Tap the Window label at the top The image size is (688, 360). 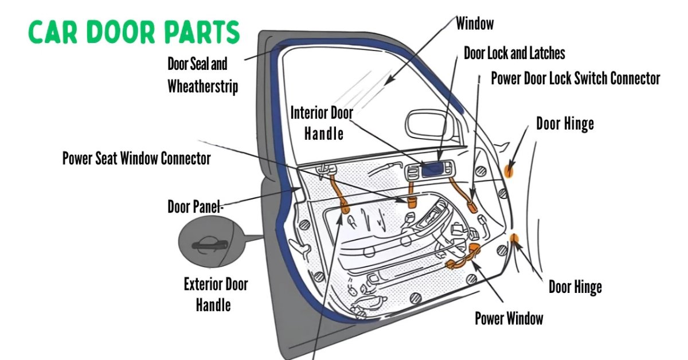475,24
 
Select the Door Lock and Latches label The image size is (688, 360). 514,53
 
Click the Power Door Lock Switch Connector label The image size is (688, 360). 576,79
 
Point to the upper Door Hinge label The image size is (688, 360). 565,123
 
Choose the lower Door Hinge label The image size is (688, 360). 575,287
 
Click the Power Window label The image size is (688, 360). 509,318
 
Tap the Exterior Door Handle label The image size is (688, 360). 216,294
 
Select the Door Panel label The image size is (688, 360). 194,206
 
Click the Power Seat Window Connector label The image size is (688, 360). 136,158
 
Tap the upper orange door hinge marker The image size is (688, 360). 509,170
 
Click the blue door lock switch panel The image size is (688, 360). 434,169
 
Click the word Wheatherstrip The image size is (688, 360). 202,87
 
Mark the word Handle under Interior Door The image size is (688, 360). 323,134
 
